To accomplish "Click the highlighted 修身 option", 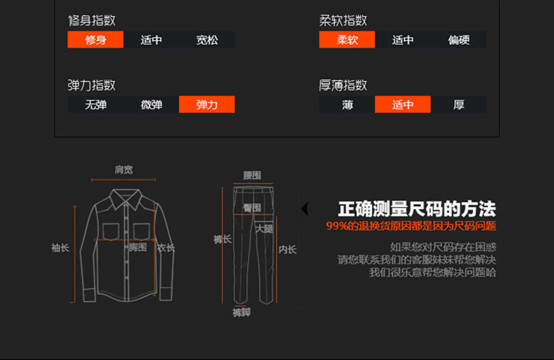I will [x=96, y=40].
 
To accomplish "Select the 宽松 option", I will [x=207, y=40].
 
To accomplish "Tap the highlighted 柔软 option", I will [x=347, y=40].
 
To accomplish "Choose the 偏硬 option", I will [x=458, y=40].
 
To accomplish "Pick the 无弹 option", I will [x=96, y=105].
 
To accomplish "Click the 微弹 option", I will [x=151, y=105].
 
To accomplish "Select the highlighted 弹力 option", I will [x=207, y=105].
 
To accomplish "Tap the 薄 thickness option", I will [x=347, y=105].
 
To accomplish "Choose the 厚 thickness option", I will [x=458, y=105].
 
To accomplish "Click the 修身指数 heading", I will [x=91, y=20].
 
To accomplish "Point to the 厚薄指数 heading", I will [x=343, y=85].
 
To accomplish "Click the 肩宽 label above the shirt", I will [x=124, y=170].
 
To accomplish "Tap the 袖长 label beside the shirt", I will [x=60, y=247].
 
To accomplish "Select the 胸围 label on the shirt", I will [x=138, y=247].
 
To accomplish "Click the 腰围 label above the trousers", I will [x=252, y=176].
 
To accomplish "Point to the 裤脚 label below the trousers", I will [x=241, y=312].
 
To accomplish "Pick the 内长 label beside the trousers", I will [x=287, y=249].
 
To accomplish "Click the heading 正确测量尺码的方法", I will [x=417, y=209].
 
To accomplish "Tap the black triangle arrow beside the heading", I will [x=304, y=208].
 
